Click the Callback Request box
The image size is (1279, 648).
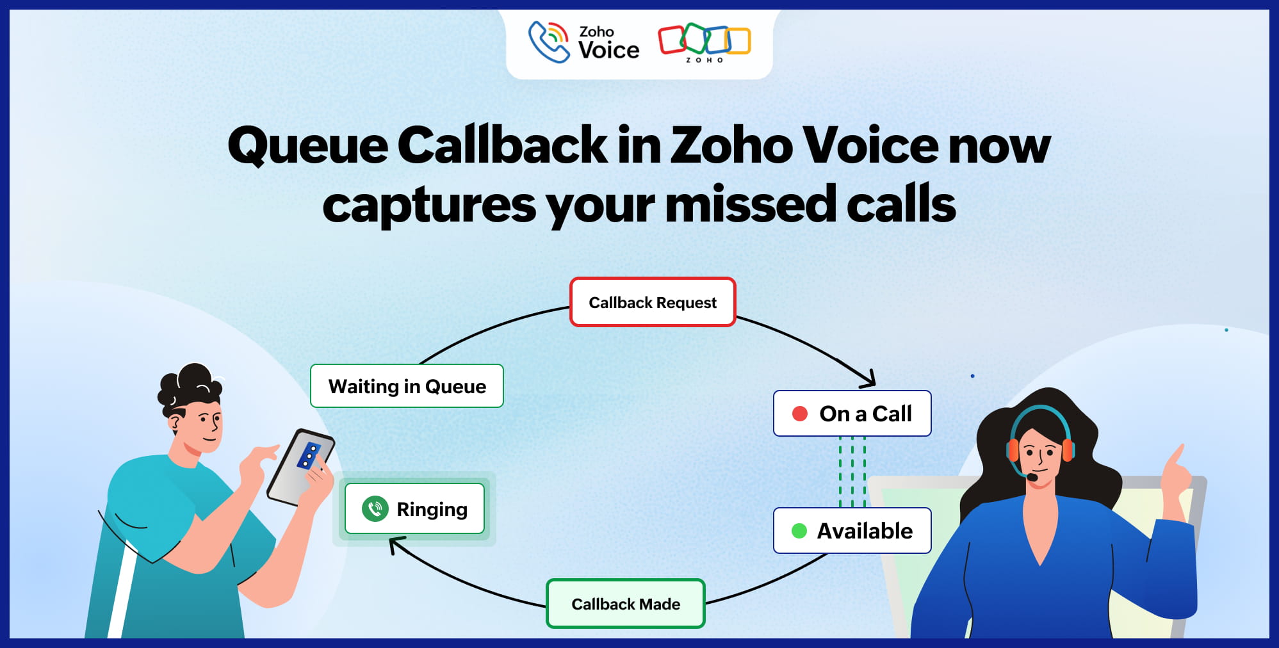click(653, 302)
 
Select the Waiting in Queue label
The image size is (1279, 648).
click(407, 386)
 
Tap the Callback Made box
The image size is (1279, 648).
click(625, 604)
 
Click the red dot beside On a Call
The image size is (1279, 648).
click(799, 414)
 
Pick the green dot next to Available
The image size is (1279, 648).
click(799, 531)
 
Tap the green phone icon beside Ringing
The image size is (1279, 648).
click(375, 509)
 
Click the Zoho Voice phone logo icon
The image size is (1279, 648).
click(548, 42)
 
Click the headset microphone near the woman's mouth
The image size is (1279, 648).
click(1032, 477)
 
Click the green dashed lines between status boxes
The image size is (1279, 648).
click(852, 472)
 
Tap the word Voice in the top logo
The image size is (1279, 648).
click(608, 50)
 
